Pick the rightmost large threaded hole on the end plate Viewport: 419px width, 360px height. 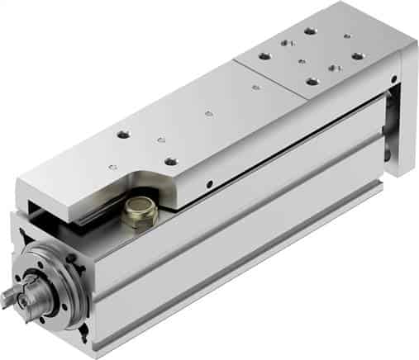pos(357,56)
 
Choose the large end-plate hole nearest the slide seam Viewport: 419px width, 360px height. pos(312,81)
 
